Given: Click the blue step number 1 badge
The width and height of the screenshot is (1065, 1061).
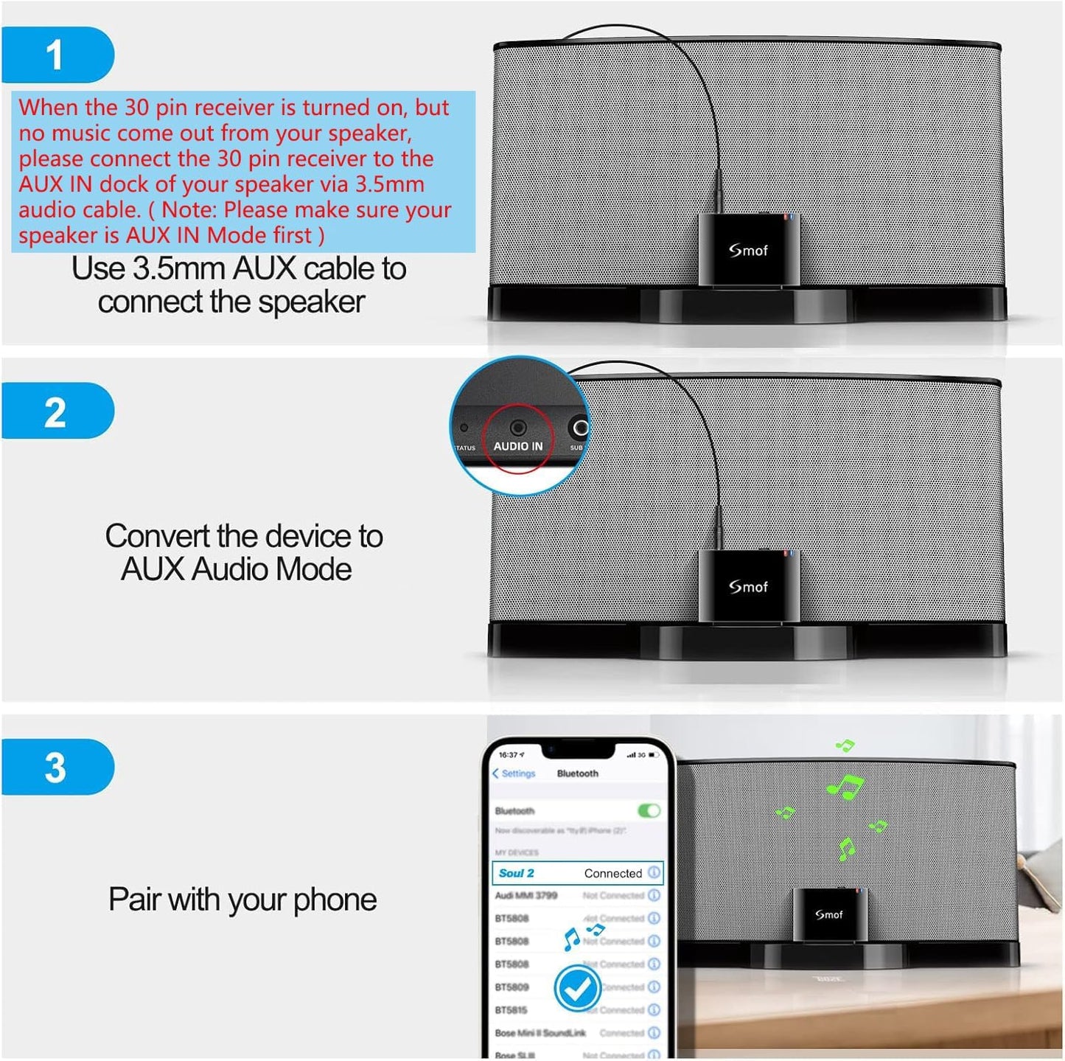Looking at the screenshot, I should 56,55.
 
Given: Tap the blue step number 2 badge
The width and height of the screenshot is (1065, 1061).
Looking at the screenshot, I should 56,411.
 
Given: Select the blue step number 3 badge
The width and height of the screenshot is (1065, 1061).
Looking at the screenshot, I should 56,768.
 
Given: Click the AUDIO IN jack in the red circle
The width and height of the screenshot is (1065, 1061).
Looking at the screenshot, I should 518,428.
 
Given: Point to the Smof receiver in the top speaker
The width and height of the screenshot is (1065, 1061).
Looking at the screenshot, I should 748,250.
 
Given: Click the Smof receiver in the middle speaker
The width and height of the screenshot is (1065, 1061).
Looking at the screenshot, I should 748,586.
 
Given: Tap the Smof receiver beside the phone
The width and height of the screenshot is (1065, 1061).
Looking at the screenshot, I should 829,914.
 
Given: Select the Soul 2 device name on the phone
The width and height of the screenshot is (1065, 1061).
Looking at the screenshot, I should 516,873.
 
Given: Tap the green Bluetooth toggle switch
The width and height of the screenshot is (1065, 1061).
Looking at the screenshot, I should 649,811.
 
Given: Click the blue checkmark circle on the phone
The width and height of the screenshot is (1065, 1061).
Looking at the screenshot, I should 577,989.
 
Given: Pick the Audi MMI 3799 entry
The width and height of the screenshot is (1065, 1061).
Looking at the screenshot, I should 526,896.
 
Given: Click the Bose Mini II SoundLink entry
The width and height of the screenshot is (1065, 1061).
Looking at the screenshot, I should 540,1033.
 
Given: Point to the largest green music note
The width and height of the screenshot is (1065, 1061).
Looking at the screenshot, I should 845,787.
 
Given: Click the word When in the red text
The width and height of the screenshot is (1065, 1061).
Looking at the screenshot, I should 48,108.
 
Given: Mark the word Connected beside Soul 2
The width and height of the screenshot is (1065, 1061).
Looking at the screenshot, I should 612,873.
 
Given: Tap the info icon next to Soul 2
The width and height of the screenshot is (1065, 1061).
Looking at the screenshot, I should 654,873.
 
